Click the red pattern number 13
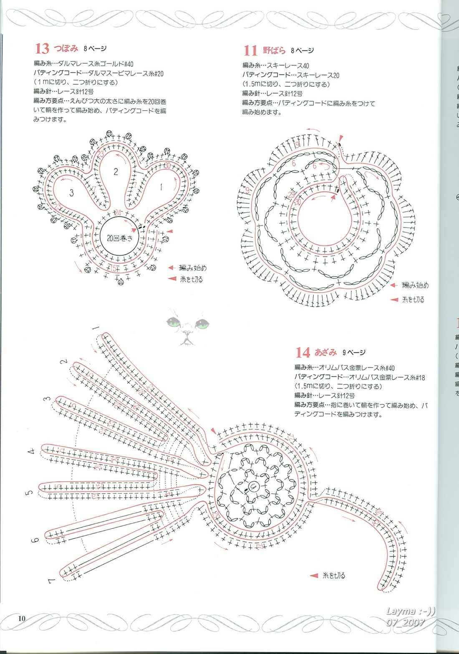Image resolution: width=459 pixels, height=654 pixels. point(42,49)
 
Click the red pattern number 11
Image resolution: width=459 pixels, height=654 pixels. point(250,51)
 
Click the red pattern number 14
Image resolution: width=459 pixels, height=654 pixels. point(303,353)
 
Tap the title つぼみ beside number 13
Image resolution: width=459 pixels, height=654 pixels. point(66,48)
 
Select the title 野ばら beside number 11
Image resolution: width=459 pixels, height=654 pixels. point(274,51)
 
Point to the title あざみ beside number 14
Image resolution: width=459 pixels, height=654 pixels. point(325,352)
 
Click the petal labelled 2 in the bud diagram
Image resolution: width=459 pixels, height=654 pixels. point(116,171)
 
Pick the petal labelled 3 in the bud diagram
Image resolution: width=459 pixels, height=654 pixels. point(72,193)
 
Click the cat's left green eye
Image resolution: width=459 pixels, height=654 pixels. point(173,322)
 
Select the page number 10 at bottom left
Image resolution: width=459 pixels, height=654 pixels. point(22,618)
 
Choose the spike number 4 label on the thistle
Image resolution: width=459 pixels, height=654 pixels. point(31,451)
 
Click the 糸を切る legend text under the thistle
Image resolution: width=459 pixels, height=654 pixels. point(334,576)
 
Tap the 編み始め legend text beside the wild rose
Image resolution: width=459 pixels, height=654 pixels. point(415,285)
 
